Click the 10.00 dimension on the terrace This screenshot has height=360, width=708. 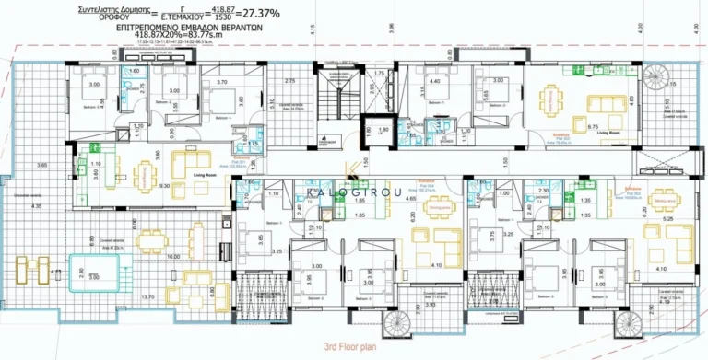coord(173,256)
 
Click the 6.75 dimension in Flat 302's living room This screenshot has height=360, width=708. coord(595,126)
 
